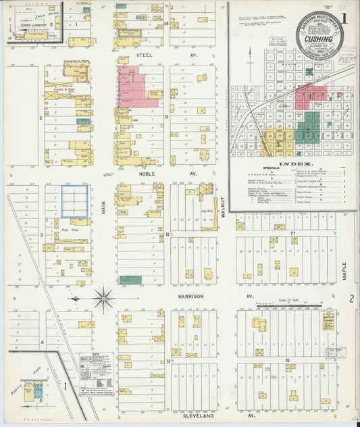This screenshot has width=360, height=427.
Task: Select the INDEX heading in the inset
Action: (294, 164)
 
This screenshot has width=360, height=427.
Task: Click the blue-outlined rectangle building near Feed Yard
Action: (75, 201)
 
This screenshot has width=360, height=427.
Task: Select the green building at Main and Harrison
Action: (131, 280)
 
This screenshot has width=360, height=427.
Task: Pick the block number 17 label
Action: (293, 233)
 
